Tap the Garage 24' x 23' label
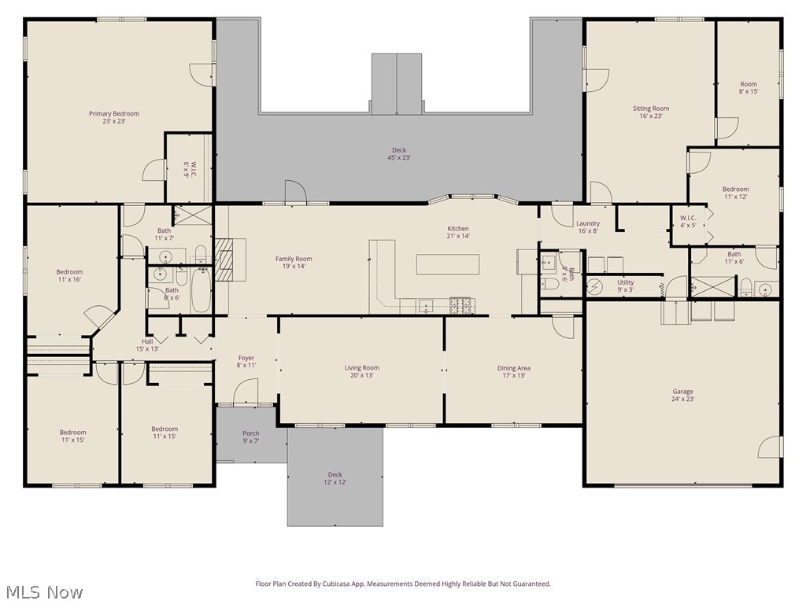coord(682,395)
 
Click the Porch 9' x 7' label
coord(250,437)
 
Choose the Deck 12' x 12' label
coord(335,478)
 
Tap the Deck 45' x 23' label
coord(400,153)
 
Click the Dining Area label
coord(513,371)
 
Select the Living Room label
coord(361,371)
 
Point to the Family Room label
coord(294,262)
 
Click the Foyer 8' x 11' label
coord(246,362)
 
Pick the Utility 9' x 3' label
coord(625,285)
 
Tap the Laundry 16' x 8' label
coord(588,226)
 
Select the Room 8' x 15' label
coord(748,87)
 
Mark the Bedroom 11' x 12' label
coord(735,193)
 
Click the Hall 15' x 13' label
coord(147,344)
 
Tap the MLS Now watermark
coord(43,591)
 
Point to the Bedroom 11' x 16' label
coord(69,275)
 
